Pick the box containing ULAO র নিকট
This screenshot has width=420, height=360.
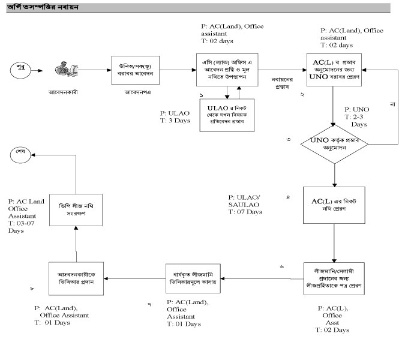tap(227, 116)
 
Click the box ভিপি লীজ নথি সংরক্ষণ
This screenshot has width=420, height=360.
tap(77, 208)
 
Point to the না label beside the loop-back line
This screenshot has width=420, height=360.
tap(393, 106)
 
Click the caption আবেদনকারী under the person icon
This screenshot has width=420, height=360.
tap(64, 94)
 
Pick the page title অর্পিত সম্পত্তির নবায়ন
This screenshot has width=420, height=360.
tap(43, 7)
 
